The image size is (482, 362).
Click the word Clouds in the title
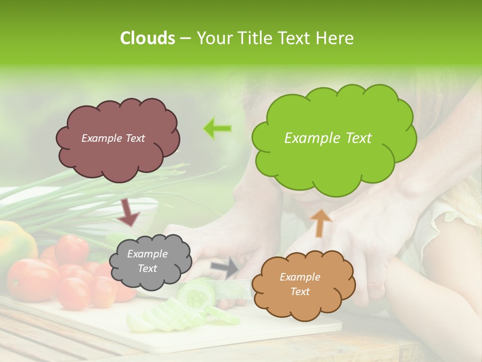(148, 38)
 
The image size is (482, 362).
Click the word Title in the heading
(255, 38)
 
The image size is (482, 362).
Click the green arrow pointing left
(217, 129)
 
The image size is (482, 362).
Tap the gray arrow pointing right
(225, 267)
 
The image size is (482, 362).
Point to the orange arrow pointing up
(321, 223)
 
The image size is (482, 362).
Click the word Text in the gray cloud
(147, 268)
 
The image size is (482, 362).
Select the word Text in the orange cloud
(300, 292)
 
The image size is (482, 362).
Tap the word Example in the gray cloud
(147, 254)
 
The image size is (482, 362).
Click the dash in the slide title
(185, 39)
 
